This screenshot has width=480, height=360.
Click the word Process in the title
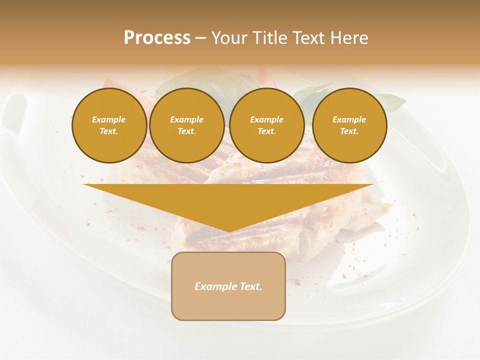(157, 38)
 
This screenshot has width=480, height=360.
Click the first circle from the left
(109, 125)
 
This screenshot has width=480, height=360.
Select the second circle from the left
(187, 125)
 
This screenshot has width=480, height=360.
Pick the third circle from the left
(267, 125)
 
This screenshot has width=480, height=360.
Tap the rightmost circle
(349, 125)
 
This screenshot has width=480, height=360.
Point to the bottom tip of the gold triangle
(229, 231)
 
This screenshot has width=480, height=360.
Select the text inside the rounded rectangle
(228, 286)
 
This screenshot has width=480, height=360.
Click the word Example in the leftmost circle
(109, 119)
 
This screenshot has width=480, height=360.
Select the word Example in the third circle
(267, 119)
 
